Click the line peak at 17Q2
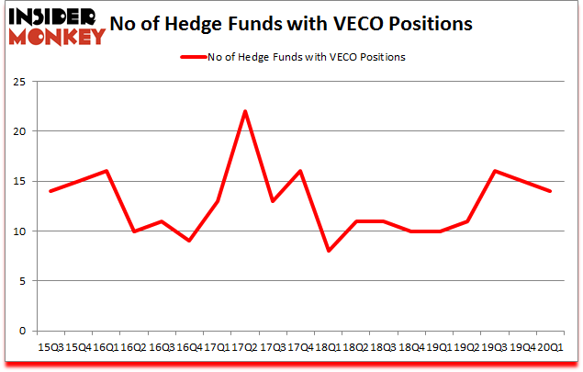pyautogui.click(x=246, y=111)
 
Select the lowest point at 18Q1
pyautogui.click(x=329, y=251)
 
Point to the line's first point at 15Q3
pyautogui.click(x=50, y=191)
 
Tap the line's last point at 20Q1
pyautogui.click(x=549, y=191)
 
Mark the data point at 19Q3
pyautogui.click(x=494, y=171)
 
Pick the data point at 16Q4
pyautogui.click(x=189, y=241)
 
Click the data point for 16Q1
pyautogui.click(x=106, y=171)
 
